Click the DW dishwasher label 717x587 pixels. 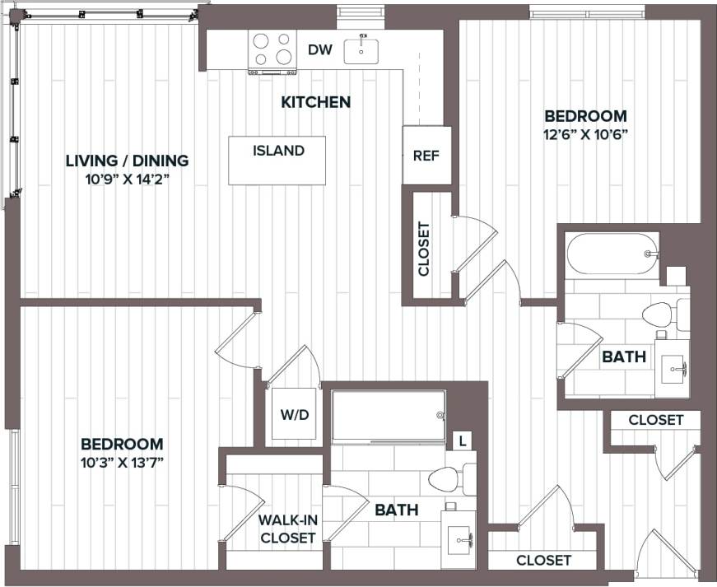320,50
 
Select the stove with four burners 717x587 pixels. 273,49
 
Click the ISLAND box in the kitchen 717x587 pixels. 277,160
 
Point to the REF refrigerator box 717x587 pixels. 426,155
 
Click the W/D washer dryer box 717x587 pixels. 294,414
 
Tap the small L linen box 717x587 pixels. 463,441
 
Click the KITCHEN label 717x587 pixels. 316,102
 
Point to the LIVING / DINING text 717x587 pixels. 127,161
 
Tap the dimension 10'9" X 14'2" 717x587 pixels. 128,179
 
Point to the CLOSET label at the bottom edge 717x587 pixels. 543,560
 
